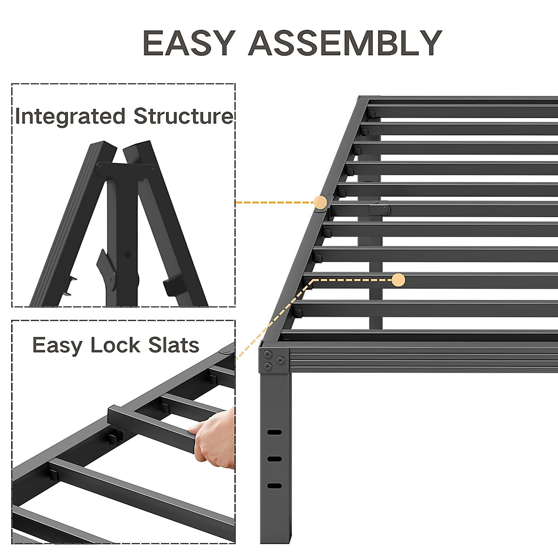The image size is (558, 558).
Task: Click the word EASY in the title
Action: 188,43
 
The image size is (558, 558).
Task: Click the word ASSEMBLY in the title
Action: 345,43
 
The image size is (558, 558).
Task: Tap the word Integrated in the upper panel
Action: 70,116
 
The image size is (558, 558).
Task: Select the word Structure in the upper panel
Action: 183,116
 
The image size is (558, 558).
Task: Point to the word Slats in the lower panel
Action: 173,345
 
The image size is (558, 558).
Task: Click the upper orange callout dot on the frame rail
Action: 320,202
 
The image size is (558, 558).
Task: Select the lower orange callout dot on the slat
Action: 399,280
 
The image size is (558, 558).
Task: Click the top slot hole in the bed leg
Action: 274,432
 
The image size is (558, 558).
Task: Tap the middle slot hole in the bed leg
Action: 274,459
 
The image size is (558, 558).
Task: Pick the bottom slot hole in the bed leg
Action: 274,486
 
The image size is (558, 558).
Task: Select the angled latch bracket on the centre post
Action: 106,270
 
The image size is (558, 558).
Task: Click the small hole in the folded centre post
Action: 128,254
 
